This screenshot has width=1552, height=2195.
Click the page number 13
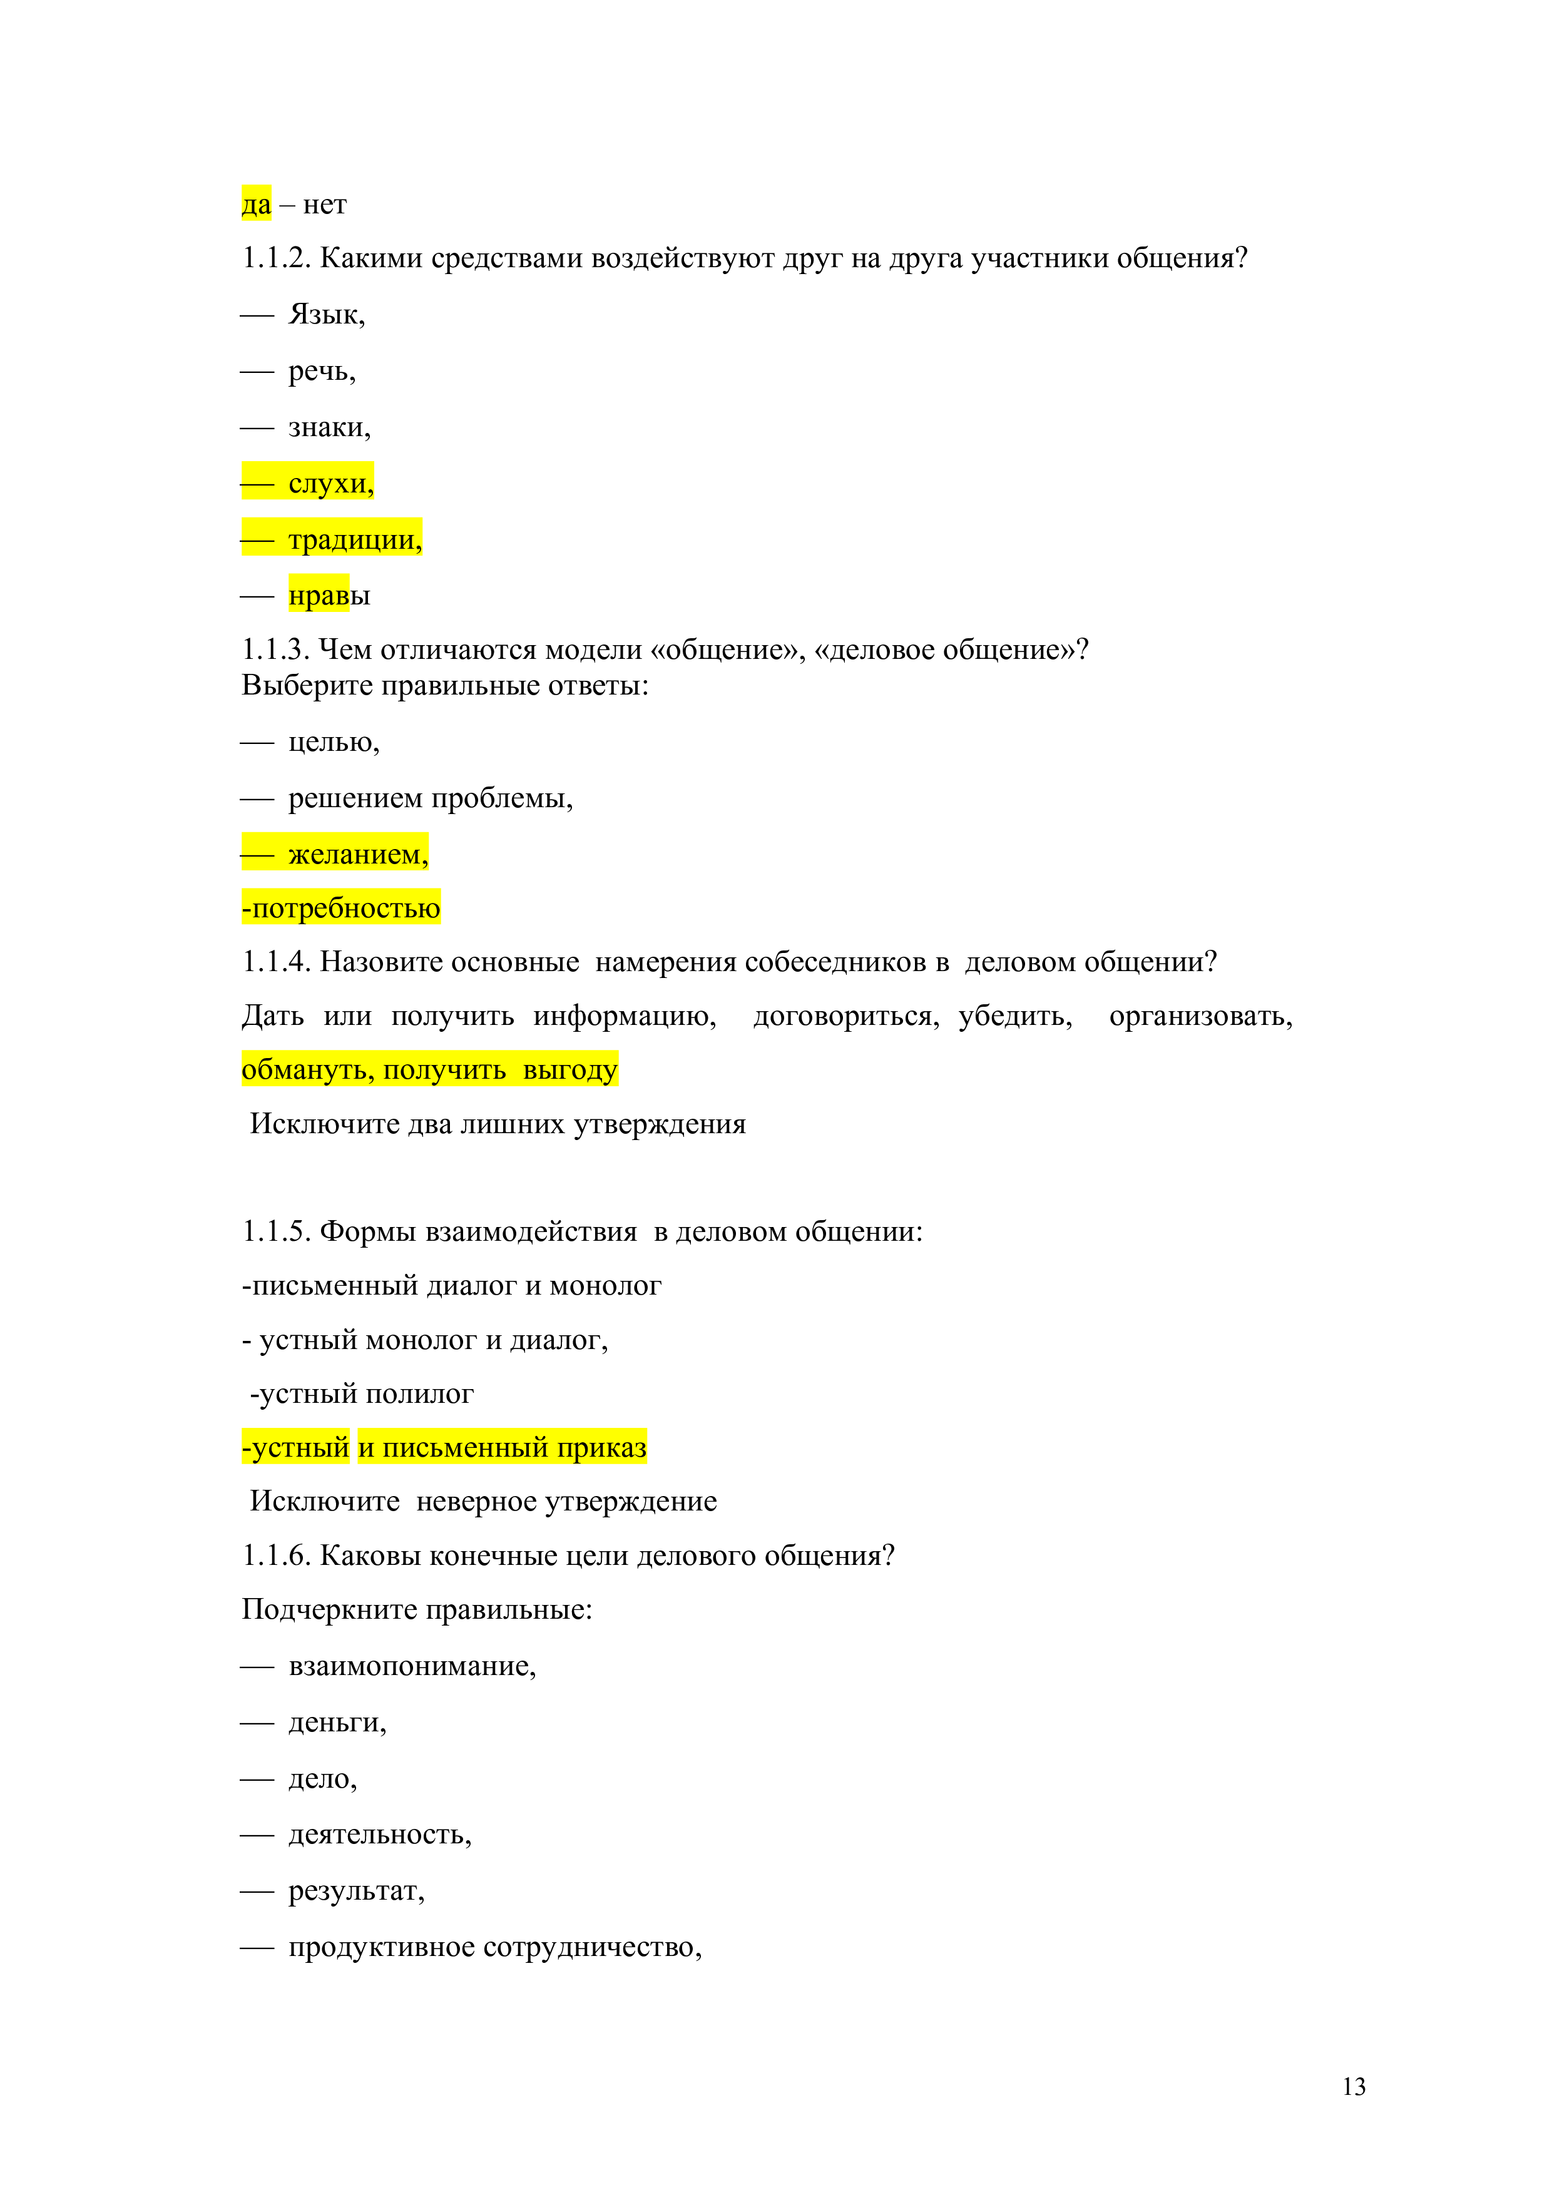click(1353, 2086)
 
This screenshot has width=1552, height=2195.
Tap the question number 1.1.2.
click(275, 259)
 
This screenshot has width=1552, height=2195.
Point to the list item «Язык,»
click(326, 315)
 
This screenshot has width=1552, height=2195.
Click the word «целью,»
click(334, 742)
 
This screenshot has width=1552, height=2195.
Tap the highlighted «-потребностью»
click(342, 907)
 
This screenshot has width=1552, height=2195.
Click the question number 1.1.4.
click(275, 962)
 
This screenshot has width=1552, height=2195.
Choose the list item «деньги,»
click(337, 1723)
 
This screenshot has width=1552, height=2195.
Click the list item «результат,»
click(355, 1891)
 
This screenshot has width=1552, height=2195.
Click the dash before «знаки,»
click(257, 428)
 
